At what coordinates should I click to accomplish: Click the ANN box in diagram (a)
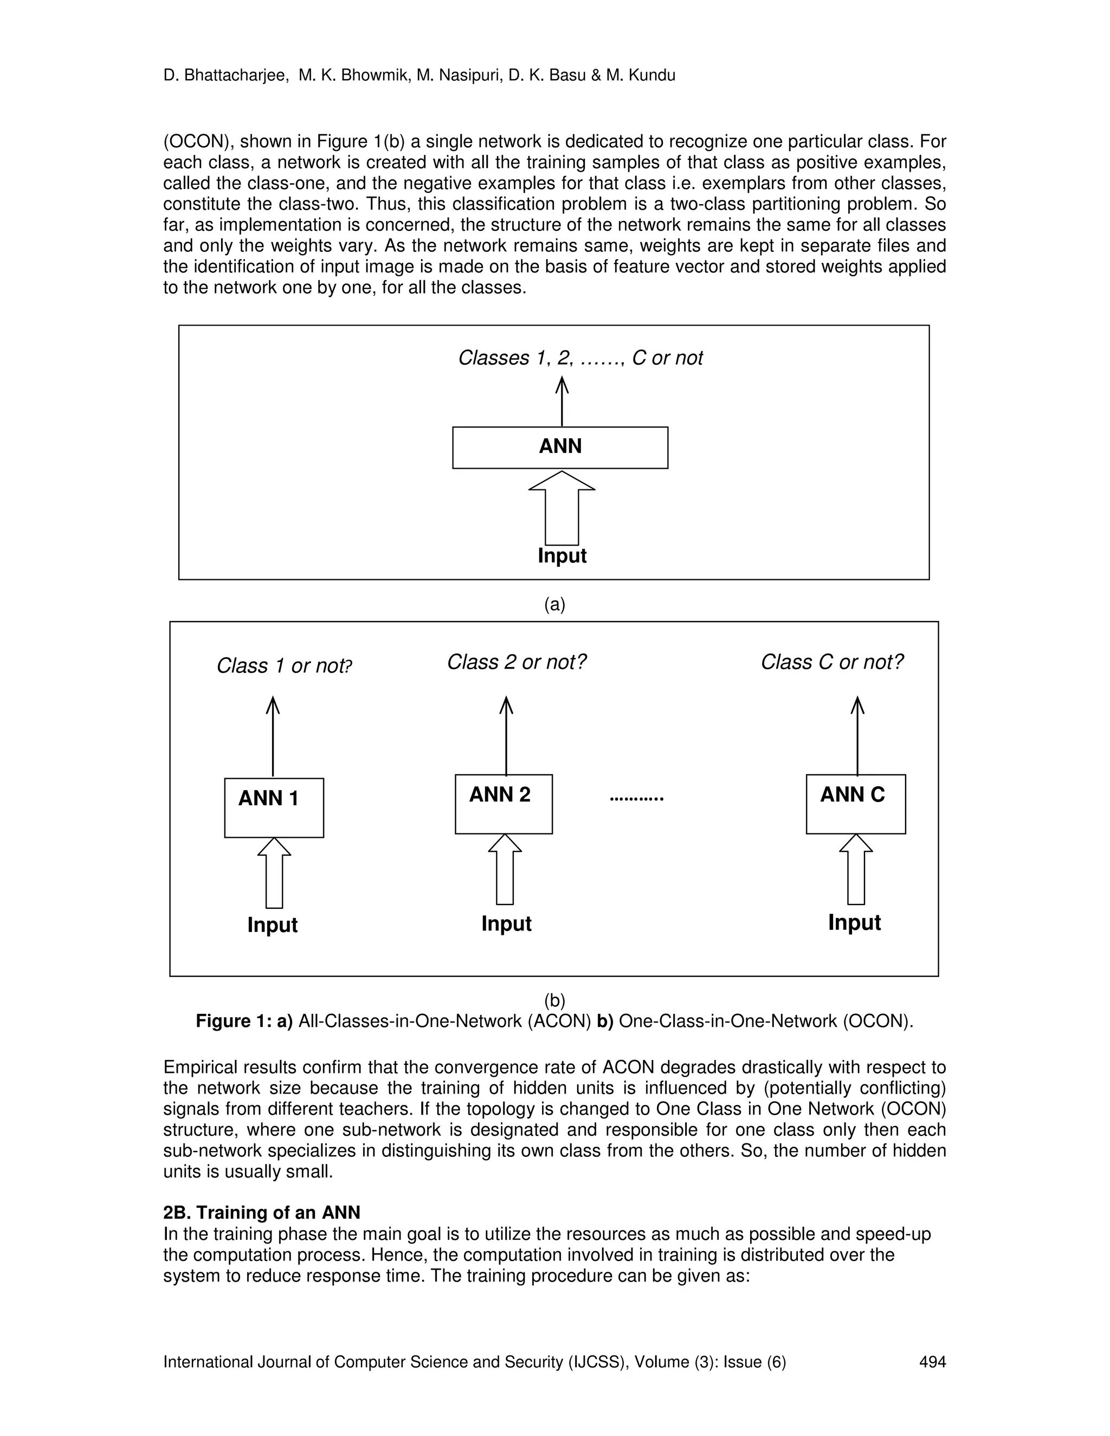[x=560, y=447]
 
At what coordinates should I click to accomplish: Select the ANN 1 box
[x=274, y=807]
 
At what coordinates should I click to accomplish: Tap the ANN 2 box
[x=504, y=804]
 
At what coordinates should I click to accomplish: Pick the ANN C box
[x=855, y=804]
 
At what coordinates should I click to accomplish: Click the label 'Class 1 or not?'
[x=284, y=665]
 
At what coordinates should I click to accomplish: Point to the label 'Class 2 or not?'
[x=516, y=662]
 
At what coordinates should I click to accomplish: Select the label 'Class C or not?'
[x=832, y=662]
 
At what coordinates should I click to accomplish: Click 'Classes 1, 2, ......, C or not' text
[x=580, y=358]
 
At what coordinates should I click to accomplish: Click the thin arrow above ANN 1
[x=273, y=736]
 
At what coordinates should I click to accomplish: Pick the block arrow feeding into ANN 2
[x=505, y=869]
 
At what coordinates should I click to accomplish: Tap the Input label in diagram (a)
[x=562, y=555]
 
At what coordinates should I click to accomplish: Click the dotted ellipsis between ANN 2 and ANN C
[x=636, y=798]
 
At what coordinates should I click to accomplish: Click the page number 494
[x=932, y=1362]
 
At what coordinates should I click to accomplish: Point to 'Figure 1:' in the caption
[x=234, y=1020]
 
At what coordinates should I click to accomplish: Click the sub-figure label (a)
[x=554, y=604]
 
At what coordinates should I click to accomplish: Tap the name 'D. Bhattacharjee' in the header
[x=225, y=76]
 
